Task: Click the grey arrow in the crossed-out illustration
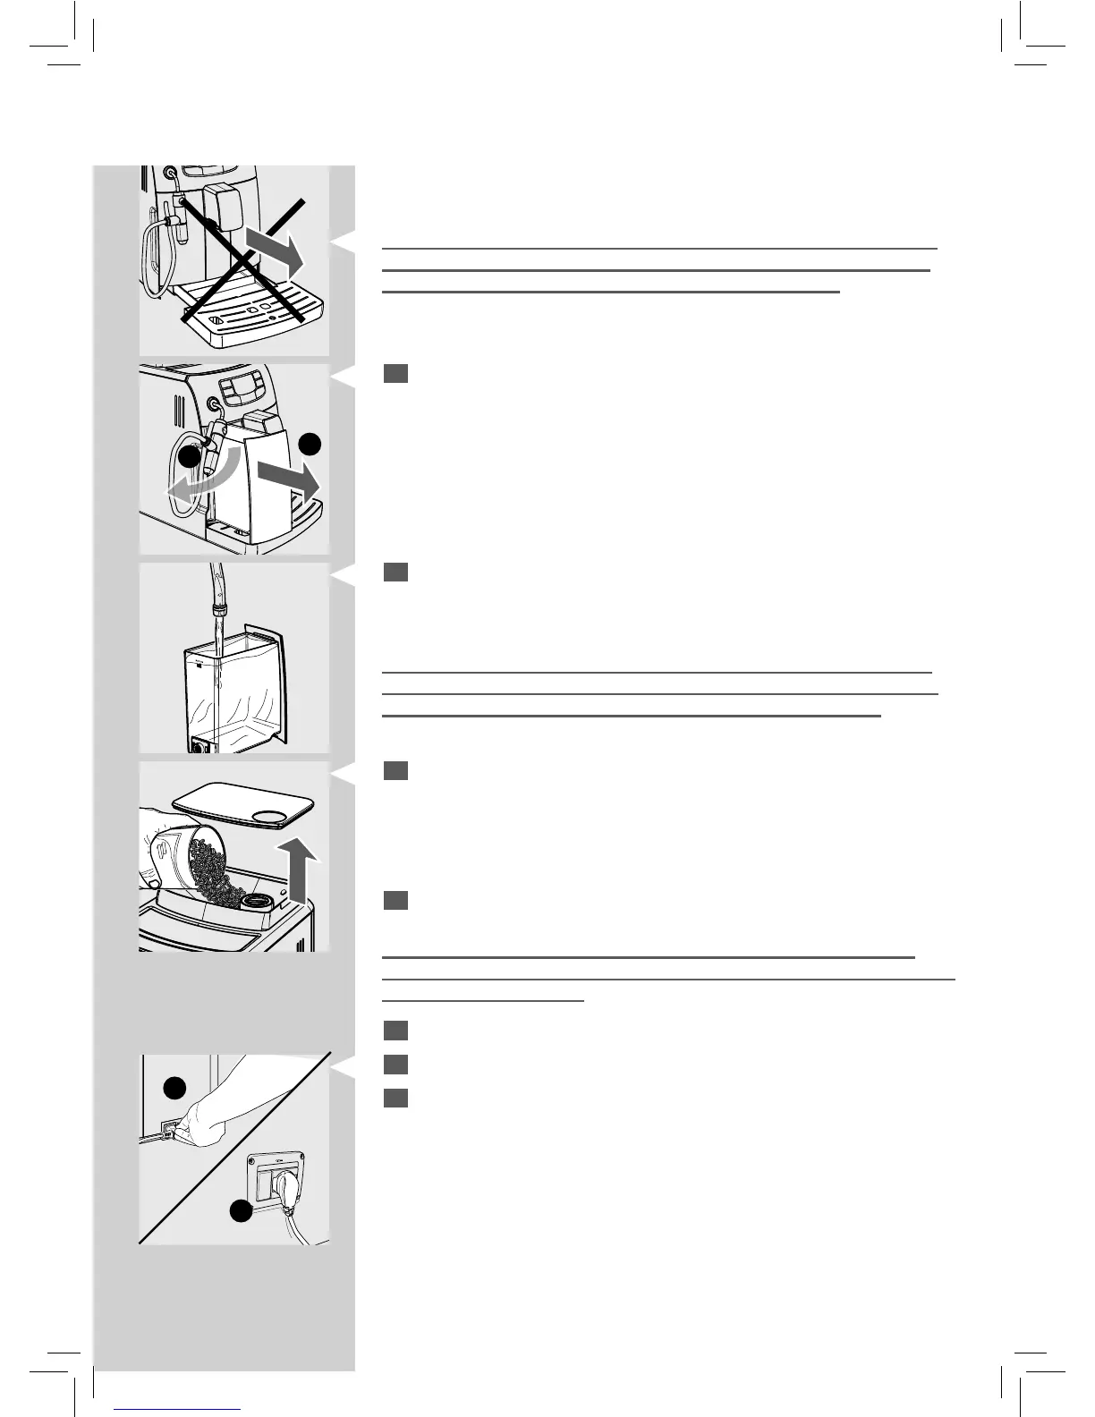click(x=277, y=247)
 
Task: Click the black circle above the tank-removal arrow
click(x=309, y=445)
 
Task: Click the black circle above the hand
click(x=174, y=1087)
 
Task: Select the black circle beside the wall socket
click(x=239, y=1211)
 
